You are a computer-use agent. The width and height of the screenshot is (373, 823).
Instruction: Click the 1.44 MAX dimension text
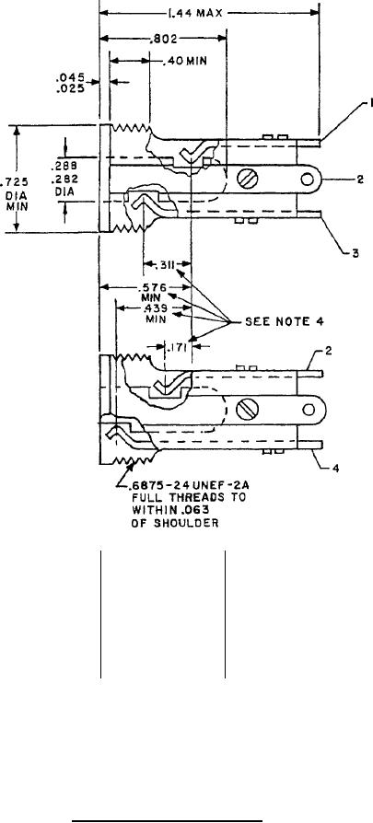click(195, 13)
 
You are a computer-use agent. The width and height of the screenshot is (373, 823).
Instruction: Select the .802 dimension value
click(164, 39)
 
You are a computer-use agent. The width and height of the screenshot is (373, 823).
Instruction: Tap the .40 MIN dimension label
click(184, 62)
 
